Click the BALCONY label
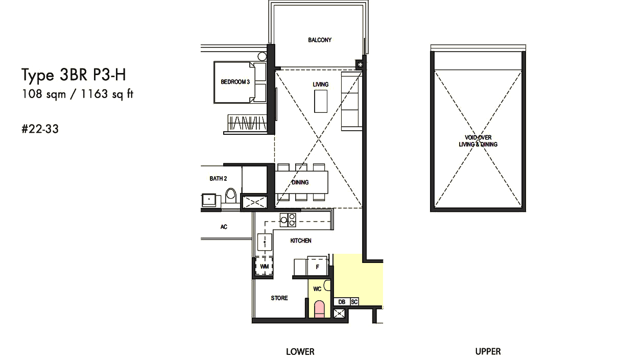click(x=320, y=40)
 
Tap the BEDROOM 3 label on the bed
click(x=235, y=82)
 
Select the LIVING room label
click(x=321, y=84)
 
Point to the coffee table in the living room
click(x=321, y=101)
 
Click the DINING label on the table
click(x=300, y=182)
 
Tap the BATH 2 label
click(x=218, y=179)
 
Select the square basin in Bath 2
click(x=209, y=200)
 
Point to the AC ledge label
click(x=224, y=227)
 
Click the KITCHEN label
click(x=301, y=241)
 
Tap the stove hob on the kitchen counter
click(x=288, y=220)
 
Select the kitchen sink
click(x=265, y=242)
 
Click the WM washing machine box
click(x=264, y=266)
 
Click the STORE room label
click(x=279, y=298)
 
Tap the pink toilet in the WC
click(x=319, y=309)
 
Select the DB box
click(x=342, y=302)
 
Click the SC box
click(x=354, y=302)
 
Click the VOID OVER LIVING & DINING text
click(x=478, y=141)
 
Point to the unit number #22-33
click(x=40, y=129)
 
